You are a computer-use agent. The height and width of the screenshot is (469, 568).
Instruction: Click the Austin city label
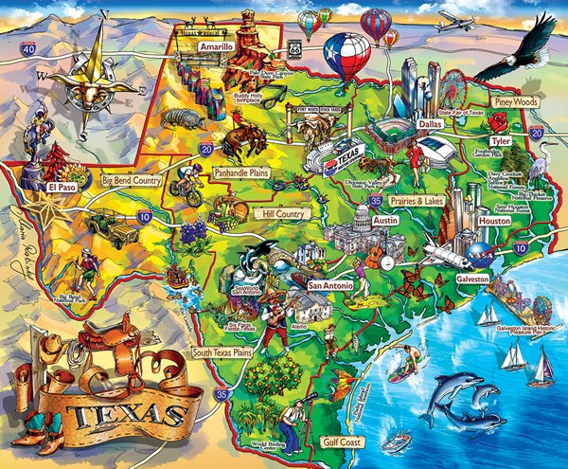click(358, 220)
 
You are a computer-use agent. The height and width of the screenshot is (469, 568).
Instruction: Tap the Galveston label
click(471, 280)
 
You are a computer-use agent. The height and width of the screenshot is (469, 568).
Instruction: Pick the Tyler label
click(500, 141)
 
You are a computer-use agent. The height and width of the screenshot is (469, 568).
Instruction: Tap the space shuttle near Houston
click(442, 250)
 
